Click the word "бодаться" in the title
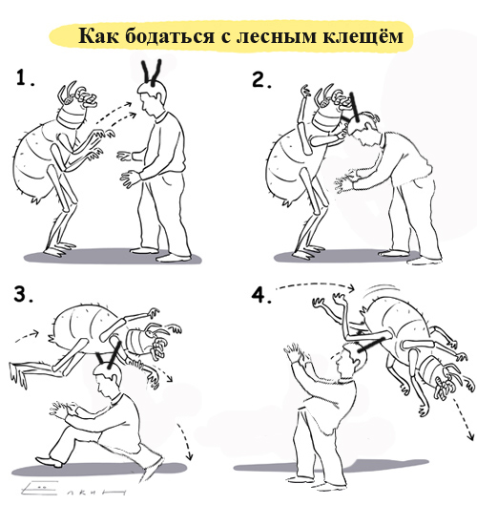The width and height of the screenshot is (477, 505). click(170, 34)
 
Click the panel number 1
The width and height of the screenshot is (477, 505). click(25, 78)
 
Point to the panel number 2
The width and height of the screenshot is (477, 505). click(261, 80)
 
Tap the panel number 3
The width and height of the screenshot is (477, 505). click(23, 294)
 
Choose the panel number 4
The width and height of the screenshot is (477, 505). click(261, 295)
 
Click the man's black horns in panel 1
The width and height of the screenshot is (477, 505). click(152, 73)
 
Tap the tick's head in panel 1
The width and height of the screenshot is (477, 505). click(76, 105)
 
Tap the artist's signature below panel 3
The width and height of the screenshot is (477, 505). click(73, 489)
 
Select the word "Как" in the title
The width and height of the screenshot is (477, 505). click(99, 35)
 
